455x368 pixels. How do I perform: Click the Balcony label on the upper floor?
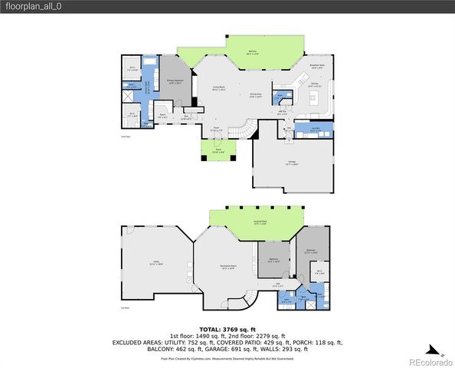[231, 53]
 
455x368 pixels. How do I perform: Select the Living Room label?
[218, 88]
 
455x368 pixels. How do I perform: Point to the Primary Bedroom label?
[174, 82]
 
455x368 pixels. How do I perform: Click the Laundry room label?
[315, 130]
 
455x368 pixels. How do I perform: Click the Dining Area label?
[256, 96]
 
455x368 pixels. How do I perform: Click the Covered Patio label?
[260, 222]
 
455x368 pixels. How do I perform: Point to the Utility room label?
[157, 263]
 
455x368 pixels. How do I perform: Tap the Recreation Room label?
[227, 268]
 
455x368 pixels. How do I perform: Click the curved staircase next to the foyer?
[244, 133]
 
